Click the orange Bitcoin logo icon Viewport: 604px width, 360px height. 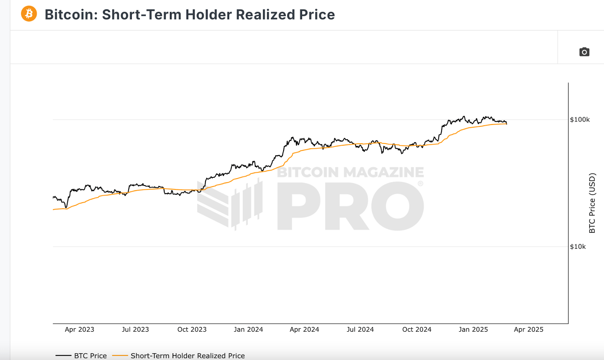(x=29, y=14)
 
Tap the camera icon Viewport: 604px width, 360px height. (x=584, y=52)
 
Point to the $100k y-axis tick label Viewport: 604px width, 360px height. (x=579, y=120)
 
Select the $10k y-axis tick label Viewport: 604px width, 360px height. (x=578, y=247)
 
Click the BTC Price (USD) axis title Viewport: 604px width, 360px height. (x=592, y=203)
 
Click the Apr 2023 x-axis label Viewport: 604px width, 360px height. (x=79, y=329)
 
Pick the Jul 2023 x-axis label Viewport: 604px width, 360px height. (x=135, y=329)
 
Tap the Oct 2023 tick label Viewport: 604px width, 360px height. (x=192, y=329)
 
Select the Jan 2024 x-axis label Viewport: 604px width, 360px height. (x=248, y=329)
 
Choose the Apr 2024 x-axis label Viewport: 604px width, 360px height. (x=304, y=329)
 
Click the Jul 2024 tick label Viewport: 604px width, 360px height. (x=360, y=329)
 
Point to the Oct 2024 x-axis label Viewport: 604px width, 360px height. (x=416, y=329)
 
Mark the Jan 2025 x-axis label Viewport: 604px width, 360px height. (x=473, y=329)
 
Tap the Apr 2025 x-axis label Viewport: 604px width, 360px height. (x=528, y=329)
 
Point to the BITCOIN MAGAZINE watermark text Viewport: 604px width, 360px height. (x=350, y=172)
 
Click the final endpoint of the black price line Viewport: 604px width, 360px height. (x=507, y=123)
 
